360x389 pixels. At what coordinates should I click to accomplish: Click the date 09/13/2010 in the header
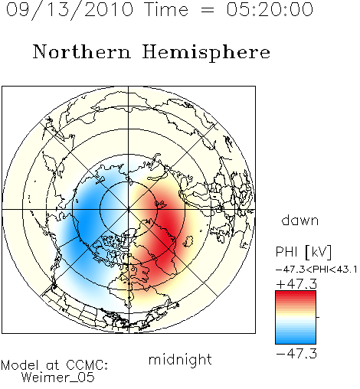coord(70,10)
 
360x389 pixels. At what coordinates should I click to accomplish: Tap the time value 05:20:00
coord(270,9)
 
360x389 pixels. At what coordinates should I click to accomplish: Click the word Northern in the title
coord(82,52)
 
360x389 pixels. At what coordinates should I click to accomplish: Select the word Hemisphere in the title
coord(206,53)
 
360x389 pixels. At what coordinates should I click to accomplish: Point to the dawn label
coord(300,220)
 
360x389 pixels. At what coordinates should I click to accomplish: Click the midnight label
coord(180,360)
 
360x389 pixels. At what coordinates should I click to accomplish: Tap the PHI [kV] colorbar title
coord(303,252)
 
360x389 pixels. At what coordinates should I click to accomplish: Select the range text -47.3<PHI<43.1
coord(316,270)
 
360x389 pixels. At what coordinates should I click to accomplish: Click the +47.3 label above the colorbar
coord(296,284)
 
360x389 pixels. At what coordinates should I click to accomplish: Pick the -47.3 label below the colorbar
coord(296,354)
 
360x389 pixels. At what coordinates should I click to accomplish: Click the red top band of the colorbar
coord(296,295)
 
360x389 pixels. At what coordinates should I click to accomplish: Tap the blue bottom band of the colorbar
coord(296,339)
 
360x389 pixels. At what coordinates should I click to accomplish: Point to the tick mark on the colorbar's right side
coord(318,317)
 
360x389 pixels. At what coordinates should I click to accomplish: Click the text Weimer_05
coord(58,377)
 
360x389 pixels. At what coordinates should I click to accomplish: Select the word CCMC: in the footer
coord(87,365)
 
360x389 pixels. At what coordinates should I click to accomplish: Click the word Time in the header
coord(166,9)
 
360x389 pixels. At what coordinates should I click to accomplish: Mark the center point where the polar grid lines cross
coord(129,210)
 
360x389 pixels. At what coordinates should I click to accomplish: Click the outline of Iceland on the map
coord(188,241)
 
